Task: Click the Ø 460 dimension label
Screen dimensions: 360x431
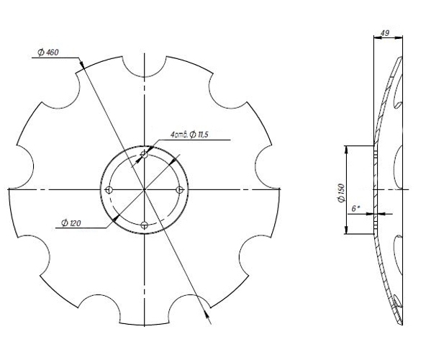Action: [47, 53]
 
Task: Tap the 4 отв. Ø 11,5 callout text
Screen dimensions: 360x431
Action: [189, 135]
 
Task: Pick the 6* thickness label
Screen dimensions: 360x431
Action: [355, 208]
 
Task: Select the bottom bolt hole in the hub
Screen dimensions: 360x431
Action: [145, 225]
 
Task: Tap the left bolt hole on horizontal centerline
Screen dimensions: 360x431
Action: [109, 189]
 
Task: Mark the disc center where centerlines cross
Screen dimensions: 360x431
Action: [145, 189]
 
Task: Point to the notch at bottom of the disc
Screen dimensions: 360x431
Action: [145, 313]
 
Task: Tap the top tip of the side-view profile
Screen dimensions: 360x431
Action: [399, 55]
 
